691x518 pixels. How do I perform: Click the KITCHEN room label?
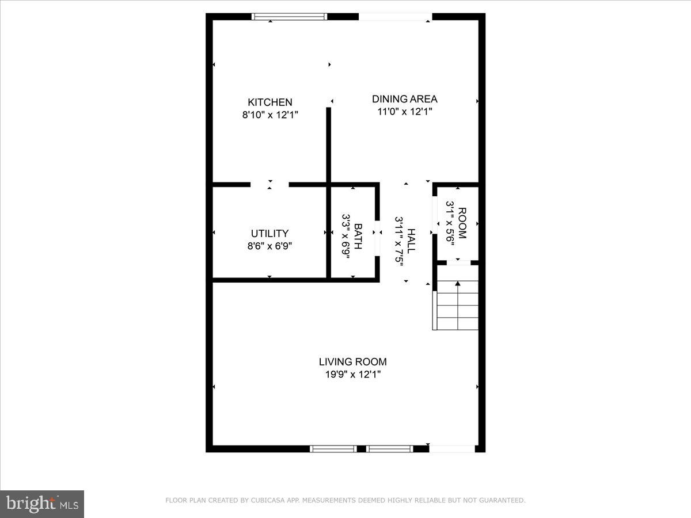click(270, 102)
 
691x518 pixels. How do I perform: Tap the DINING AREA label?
click(404, 98)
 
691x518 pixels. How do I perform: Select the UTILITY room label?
click(269, 233)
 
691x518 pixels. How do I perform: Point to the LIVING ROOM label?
click(352, 361)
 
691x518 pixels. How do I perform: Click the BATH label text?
click(358, 236)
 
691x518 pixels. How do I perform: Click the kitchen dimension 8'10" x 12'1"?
click(270, 115)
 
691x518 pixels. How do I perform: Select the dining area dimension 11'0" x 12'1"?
click(404, 111)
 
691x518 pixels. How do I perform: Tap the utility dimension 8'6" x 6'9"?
click(269, 246)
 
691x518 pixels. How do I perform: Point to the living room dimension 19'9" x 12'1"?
click(352, 374)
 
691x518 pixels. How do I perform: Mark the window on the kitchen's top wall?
click(290, 17)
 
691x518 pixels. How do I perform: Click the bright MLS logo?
click(42, 504)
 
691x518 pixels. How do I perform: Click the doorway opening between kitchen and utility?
click(269, 185)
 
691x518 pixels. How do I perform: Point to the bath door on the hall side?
click(377, 237)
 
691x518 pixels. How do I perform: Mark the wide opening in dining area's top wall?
click(395, 17)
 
